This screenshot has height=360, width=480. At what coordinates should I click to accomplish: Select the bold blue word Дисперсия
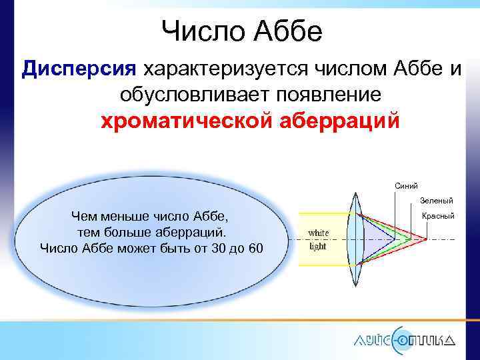point(79,69)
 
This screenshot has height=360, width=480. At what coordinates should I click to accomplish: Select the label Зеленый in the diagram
point(437,200)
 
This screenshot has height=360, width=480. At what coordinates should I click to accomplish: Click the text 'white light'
point(317,239)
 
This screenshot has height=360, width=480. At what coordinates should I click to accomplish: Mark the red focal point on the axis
point(425,239)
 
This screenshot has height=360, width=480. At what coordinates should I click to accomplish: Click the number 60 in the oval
point(254,249)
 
